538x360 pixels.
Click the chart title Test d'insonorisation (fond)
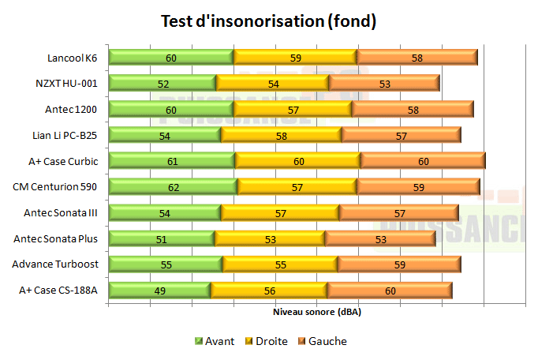(x=268, y=21)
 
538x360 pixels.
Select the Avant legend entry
(x=217, y=341)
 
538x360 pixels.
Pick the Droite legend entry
(x=271, y=341)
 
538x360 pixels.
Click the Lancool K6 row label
(x=73, y=58)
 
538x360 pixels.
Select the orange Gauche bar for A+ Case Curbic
(x=423, y=161)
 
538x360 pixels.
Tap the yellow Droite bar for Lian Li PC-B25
(x=281, y=135)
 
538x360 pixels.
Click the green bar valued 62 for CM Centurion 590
(x=173, y=187)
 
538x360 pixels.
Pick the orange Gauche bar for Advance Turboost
(x=399, y=264)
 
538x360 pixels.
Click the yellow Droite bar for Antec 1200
(x=293, y=110)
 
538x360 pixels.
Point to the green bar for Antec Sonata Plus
(x=161, y=238)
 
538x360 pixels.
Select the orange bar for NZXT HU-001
(x=384, y=84)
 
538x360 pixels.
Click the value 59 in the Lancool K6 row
(x=295, y=58)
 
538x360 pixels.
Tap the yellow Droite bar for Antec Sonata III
(x=280, y=213)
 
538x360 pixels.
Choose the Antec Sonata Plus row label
(x=57, y=238)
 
